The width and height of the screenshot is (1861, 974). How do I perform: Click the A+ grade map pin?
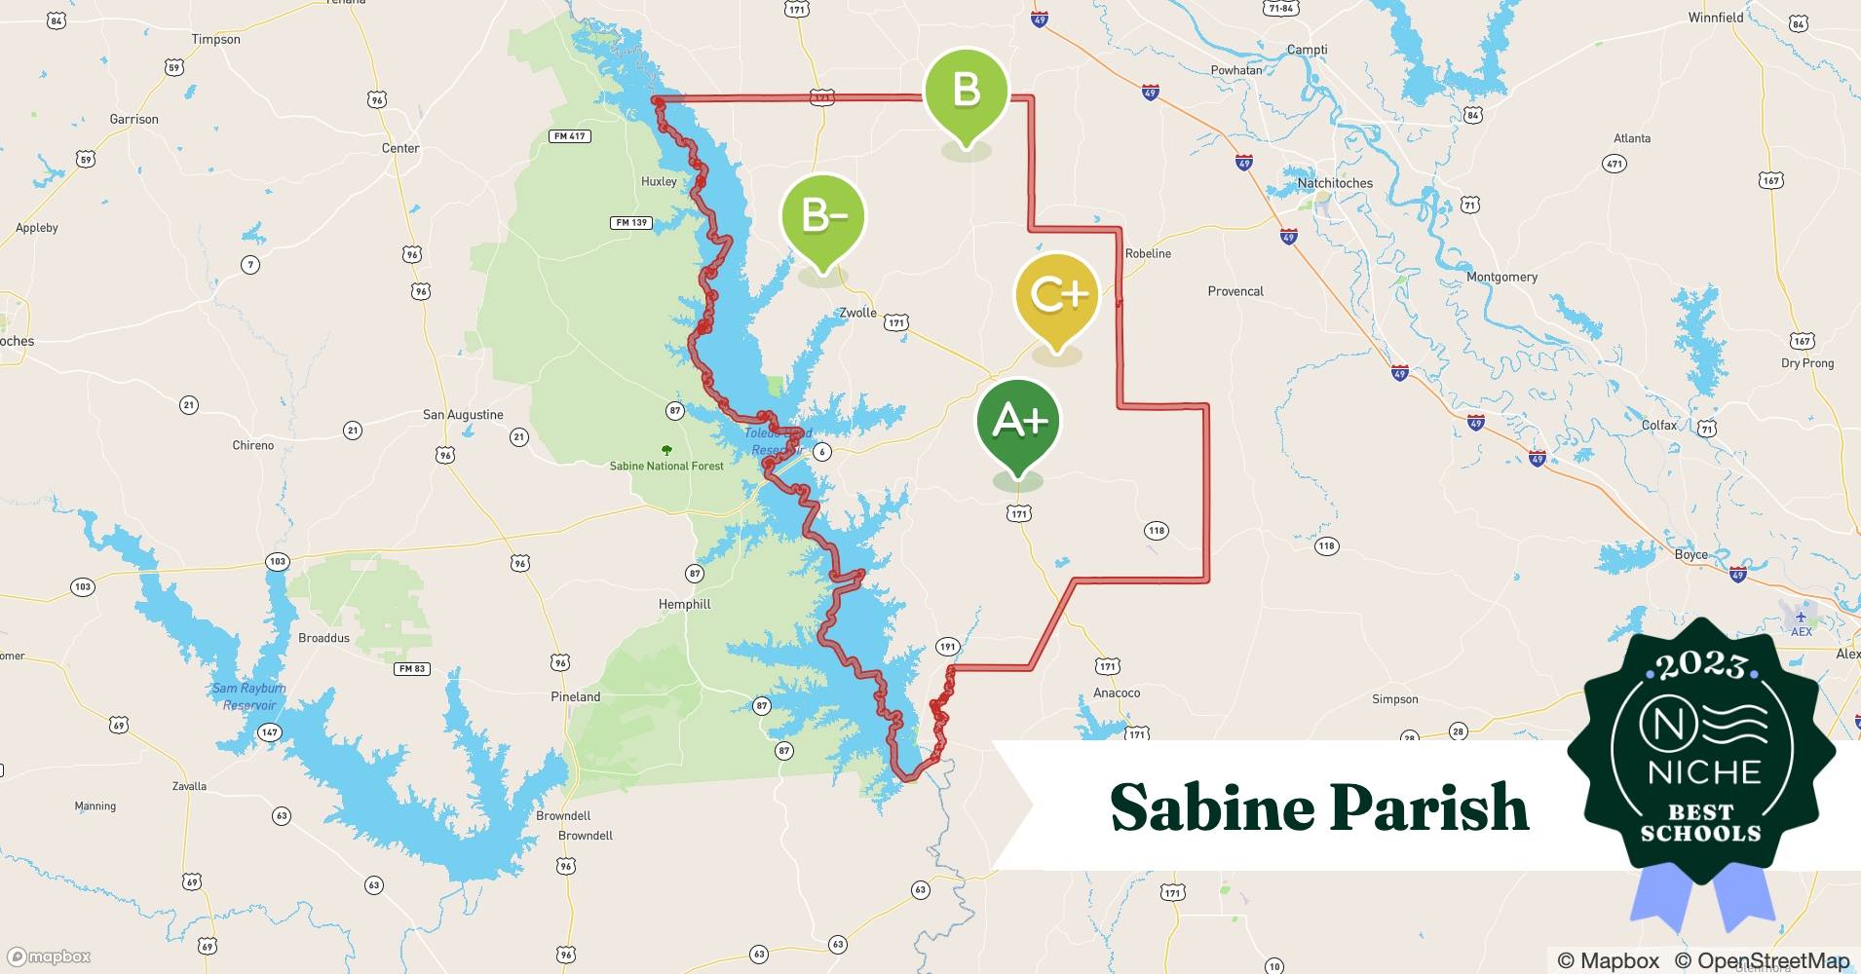point(1018,423)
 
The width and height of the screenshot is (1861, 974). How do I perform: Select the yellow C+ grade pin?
point(1057,296)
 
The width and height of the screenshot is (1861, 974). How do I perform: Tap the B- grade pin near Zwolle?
point(823,216)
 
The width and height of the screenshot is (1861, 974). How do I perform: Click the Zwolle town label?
point(857,313)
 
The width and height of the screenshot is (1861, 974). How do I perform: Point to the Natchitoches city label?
point(1334,183)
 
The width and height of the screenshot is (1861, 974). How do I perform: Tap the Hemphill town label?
point(684,604)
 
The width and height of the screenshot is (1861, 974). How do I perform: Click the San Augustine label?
point(463,414)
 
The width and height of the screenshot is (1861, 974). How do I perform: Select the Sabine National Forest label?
point(666,466)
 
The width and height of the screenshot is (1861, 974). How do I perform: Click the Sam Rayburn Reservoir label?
point(249,696)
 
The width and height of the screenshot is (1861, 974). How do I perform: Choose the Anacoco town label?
point(1116,693)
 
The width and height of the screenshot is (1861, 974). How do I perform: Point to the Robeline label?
point(1148,253)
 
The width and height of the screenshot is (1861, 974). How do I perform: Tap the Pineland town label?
point(575,696)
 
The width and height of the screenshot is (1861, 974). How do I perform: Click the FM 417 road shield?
point(570,136)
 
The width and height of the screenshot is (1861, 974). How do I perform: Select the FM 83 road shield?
point(412,668)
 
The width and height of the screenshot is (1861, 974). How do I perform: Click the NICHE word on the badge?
point(1704,772)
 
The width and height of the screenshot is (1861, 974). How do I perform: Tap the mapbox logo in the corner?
point(49,956)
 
